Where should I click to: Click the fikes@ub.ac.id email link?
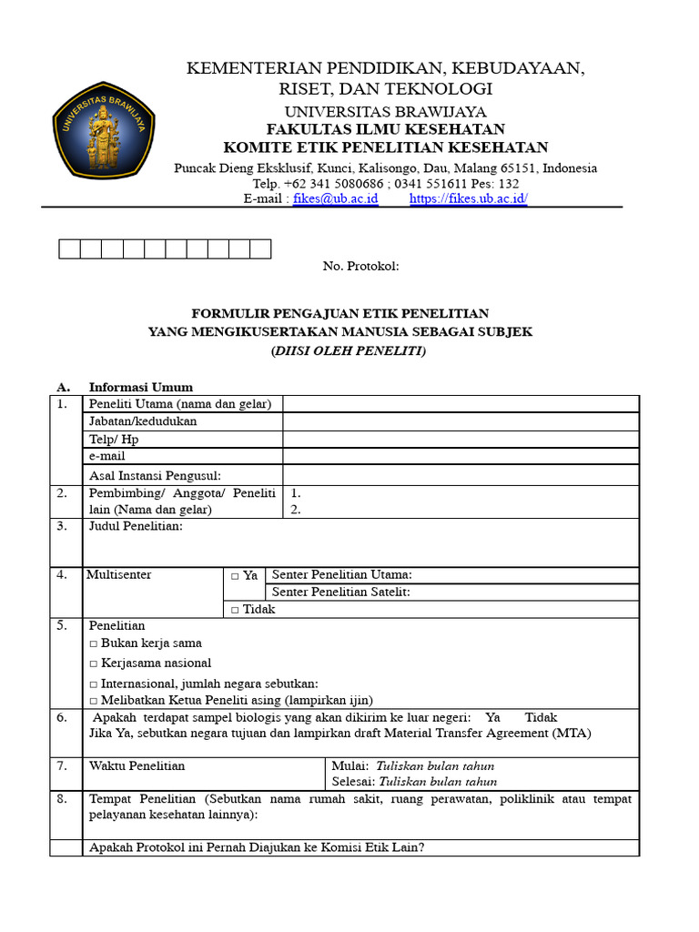335,198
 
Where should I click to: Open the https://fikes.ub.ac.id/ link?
469,198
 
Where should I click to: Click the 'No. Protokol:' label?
360,266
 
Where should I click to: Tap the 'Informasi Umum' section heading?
140,387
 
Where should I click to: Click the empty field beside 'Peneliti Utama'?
461,404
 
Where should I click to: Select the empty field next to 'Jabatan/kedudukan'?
461,421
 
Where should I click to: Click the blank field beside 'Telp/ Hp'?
461,439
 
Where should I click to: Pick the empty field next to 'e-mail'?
461,456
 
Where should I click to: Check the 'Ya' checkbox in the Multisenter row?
235,576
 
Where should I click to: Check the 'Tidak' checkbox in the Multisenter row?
235,610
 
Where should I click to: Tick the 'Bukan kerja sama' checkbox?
94,643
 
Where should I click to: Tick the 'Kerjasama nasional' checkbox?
94,664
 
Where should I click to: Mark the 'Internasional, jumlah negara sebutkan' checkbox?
94,684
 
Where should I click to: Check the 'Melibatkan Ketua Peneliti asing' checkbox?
94,701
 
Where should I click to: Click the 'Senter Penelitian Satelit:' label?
340,593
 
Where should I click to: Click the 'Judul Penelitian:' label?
136,526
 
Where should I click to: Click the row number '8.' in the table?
62,799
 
